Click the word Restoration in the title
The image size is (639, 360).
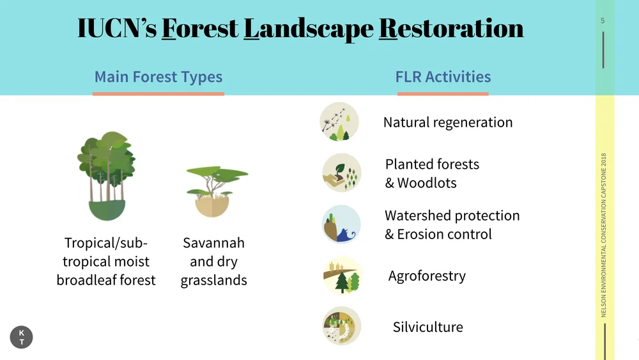pos(451,29)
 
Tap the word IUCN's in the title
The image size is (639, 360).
pos(116,29)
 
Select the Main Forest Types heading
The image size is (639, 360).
pos(158,77)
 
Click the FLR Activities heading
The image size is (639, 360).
pos(443,77)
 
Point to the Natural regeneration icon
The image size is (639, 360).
pos(339,121)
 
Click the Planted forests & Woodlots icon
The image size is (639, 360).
pos(342,173)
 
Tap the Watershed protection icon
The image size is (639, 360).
pos(341,224)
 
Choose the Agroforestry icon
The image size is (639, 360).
pos(342,276)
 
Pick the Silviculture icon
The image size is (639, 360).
pos(342,326)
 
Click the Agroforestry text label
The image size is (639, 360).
pos(427,276)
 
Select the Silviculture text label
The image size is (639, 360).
pos(427,327)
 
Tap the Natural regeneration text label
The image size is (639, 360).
pos(447,122)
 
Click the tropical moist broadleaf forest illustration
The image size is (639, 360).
pos(106,176)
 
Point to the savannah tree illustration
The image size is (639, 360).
pos(215,191)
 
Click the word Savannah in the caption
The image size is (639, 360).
pos(213,243)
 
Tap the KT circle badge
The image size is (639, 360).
pos(22,338)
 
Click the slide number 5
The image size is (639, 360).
pos(603,20)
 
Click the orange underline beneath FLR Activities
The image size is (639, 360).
pos(443,94)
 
